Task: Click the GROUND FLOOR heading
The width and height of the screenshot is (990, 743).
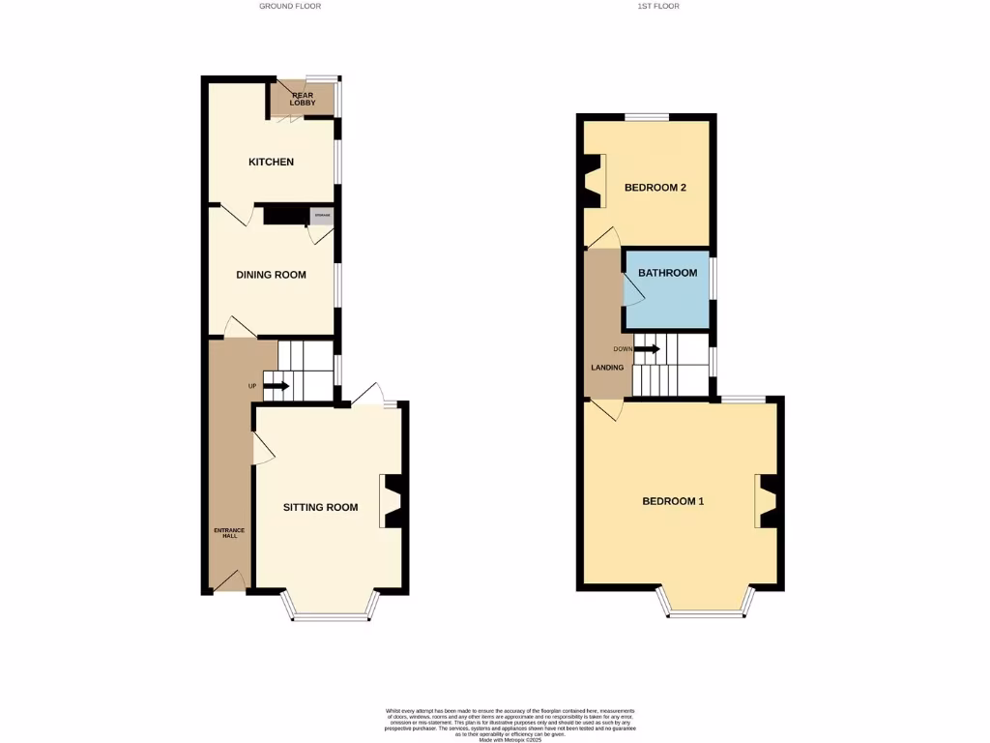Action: (290, 6)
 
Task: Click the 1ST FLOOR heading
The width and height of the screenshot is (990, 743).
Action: (657, 6)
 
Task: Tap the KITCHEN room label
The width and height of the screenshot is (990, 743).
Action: (272, 162)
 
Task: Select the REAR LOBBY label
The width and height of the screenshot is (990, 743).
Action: (304, 99)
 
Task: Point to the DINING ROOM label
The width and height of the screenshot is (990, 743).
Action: (272, 275)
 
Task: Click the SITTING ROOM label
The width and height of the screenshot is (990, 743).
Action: (320, 507)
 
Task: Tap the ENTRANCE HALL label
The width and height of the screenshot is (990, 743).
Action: (229, 533)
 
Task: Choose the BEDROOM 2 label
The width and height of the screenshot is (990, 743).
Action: (655, 187)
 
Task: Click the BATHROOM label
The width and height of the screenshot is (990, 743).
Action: (667, 273)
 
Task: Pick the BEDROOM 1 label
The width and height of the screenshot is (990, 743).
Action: (673, 501)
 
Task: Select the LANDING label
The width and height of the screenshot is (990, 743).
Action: (607, 368)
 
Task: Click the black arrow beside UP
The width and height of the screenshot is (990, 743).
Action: (276, 386)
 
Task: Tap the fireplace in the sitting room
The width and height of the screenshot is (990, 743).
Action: (393, 500)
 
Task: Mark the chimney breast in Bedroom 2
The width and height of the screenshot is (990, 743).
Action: (592, 181)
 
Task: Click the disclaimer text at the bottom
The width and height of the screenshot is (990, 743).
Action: (494, 724)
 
